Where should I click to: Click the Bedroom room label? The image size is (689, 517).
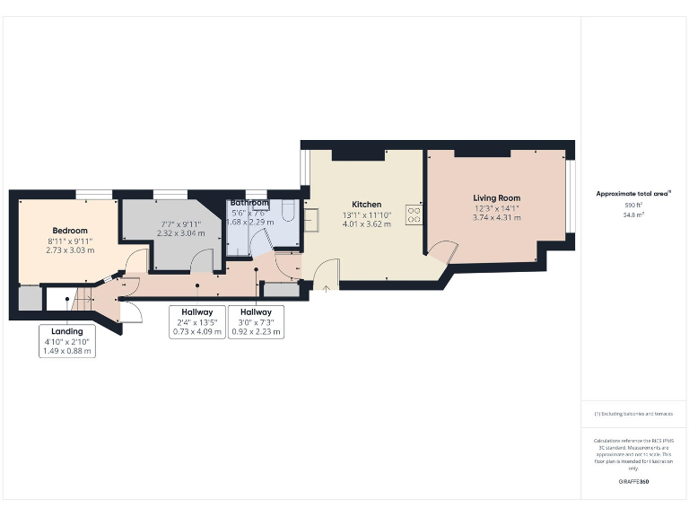click(69, 231)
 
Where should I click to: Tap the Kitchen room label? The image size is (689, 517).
click(366, 205)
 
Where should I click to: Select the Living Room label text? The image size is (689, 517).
click(496, 198)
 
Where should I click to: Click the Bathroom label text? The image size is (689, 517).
click(249, 203)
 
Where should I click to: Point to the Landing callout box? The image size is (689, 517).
click(67, 341)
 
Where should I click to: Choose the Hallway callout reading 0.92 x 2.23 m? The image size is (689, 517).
click(256, 322)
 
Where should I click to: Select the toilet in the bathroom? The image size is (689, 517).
click(287, 212)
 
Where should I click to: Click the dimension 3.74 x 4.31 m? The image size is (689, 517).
click(496, 218)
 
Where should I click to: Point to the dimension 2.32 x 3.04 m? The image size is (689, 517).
click(180, 233)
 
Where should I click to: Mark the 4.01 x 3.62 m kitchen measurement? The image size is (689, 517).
click(366, 224)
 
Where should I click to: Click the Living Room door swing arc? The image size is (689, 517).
click(439, 251)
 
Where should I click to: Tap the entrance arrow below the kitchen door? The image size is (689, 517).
click(326, 288)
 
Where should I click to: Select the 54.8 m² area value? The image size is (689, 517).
click(632, 215)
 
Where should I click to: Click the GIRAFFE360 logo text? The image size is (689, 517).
click(632, 482)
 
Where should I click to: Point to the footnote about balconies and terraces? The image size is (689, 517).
click(632, 414)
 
